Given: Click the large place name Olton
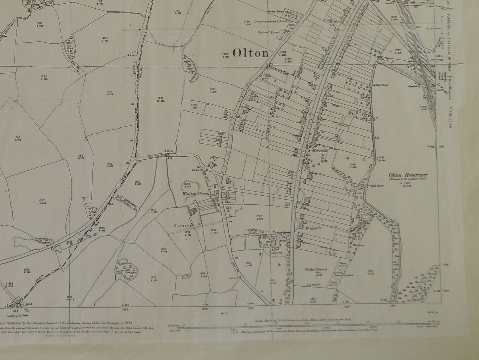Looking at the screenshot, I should [x=251, y=53].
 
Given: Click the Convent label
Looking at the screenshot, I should [x=275, y=253].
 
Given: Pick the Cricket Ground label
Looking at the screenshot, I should [x=315, y=269].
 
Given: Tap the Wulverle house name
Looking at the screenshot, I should [x=314, y=228].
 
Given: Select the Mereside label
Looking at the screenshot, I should [x=320, y=150].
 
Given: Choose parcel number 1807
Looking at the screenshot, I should [x=163, y=249].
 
